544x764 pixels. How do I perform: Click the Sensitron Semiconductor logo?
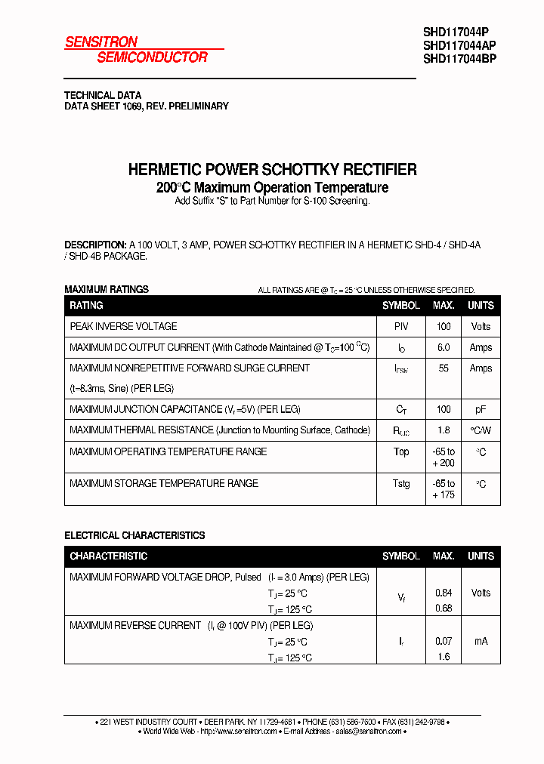[x=136, y=50]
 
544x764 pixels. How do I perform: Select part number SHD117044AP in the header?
[x=459, y=45]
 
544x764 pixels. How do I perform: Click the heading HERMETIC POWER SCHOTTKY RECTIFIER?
[x=272, y=170]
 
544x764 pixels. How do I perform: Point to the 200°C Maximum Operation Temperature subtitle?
[x=272, y=187]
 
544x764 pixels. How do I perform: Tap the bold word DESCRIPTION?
[x=95, y=245]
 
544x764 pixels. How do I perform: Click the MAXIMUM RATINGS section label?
[x=107, y=289]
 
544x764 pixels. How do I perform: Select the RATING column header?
[x=86, y=306]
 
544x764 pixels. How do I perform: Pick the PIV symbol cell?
[x=400, y=327]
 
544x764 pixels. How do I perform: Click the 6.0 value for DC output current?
[x=444, y=348]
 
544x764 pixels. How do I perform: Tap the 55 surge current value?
[x=444, y=368]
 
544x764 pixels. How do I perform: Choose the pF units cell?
[x=481, y=410]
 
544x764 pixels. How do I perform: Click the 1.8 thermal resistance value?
[x=444, y=430]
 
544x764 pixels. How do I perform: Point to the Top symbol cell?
[x=401, y=451]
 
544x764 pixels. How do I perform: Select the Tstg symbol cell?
[x=401, y=483]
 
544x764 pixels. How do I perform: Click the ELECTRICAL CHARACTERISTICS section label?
[x=134, y=535]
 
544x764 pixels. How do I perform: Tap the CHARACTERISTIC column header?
[x=108, y=556]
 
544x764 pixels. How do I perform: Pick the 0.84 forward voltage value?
[x=444, y=593]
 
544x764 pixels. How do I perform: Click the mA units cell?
[x=481, y=641]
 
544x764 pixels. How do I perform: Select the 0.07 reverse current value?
[x=444, y=641]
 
